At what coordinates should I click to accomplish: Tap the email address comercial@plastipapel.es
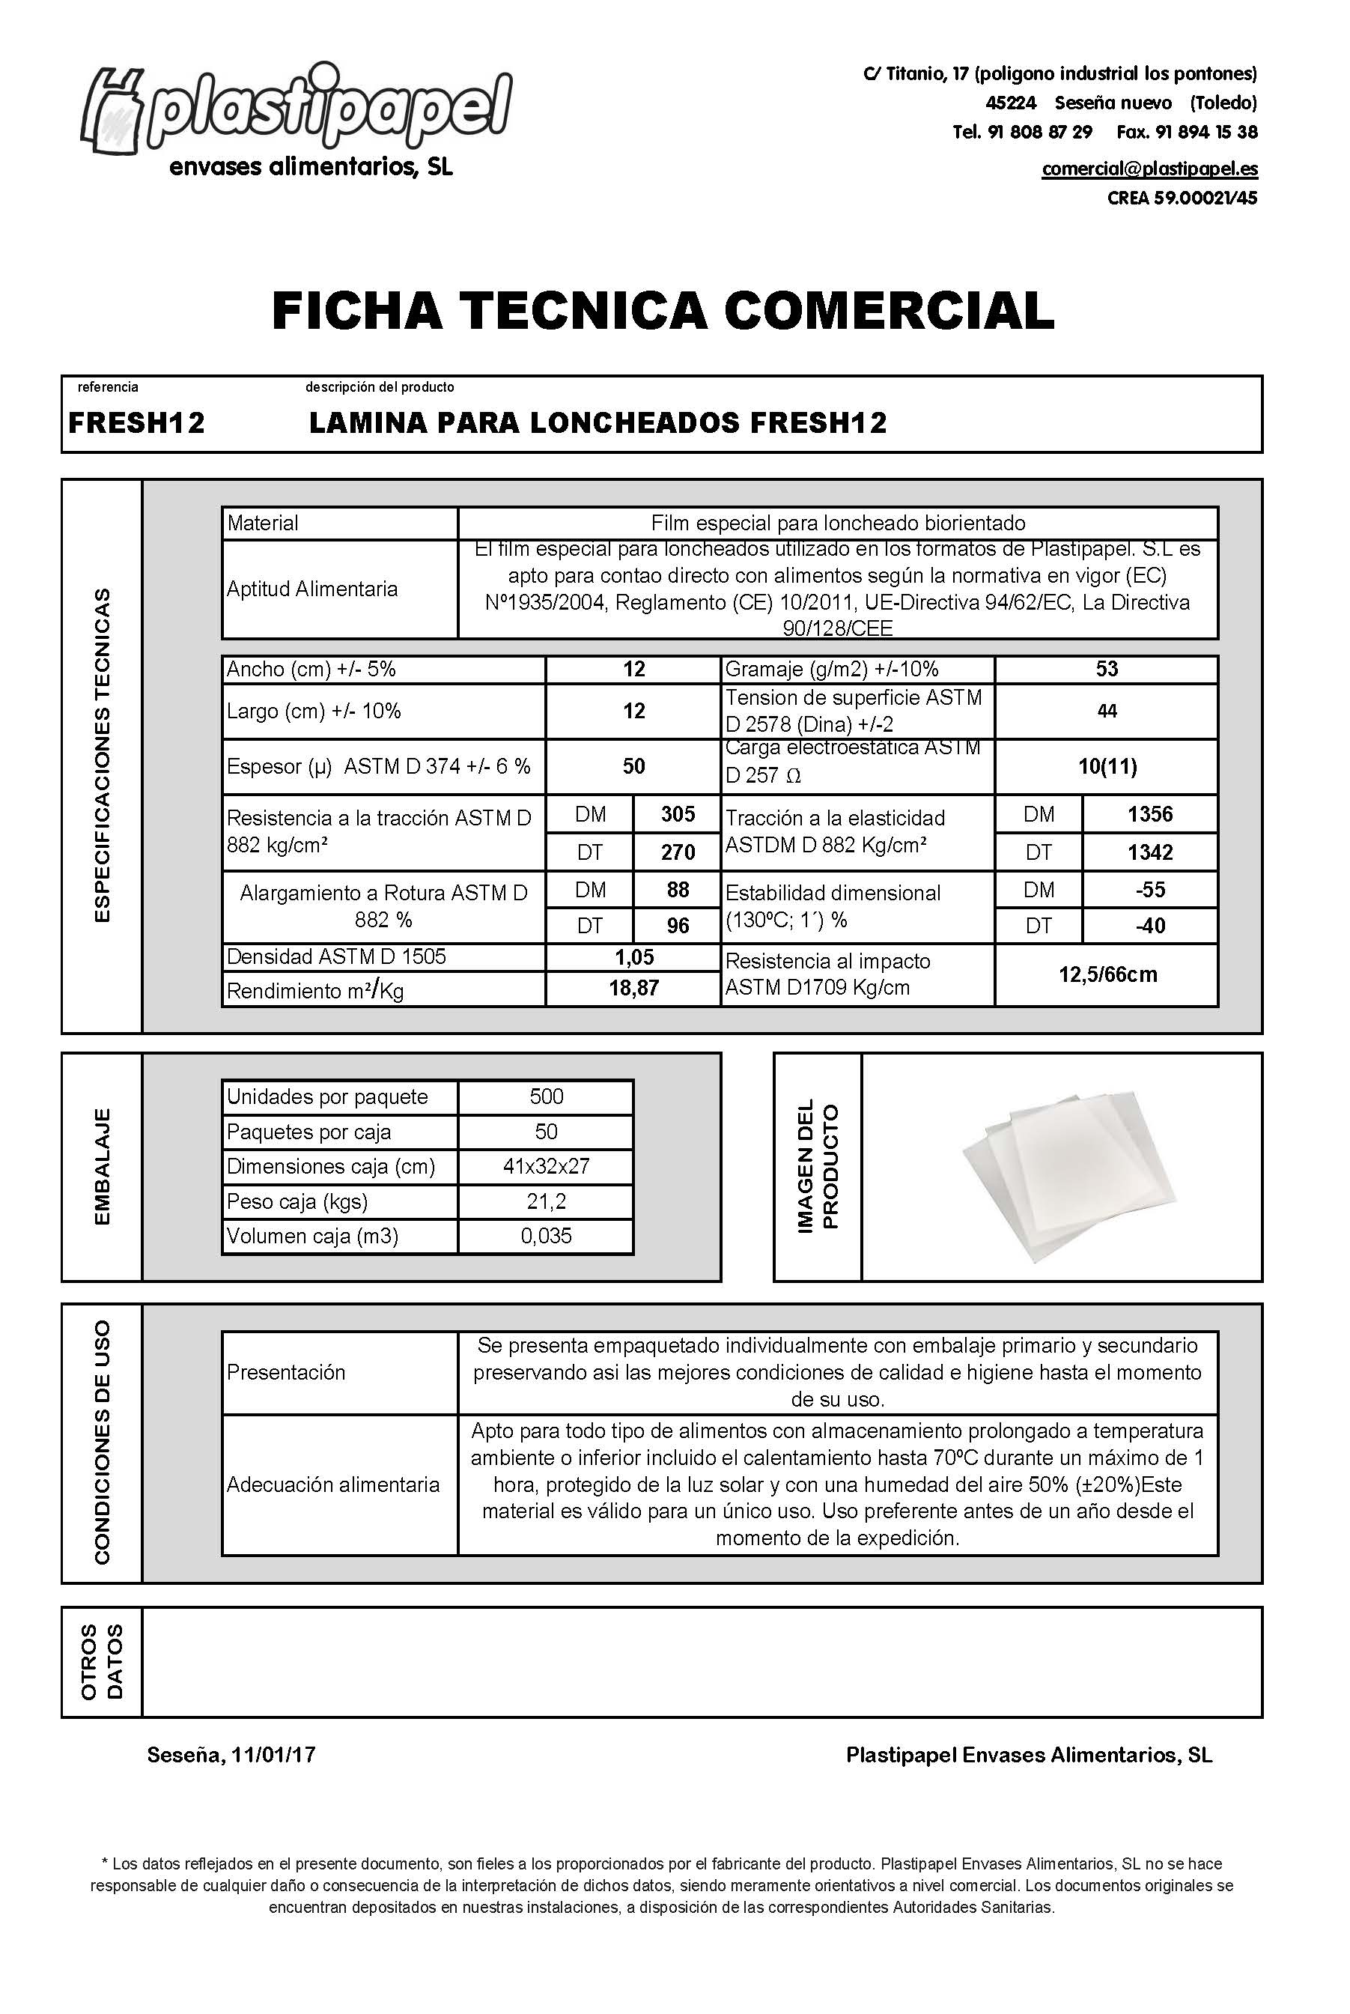(x=1149, y=169)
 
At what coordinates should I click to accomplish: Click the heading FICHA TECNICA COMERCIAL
(x=662, y=311)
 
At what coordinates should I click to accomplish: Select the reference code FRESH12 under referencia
(x=137, y=422)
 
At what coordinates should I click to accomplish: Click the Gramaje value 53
(x=1107, y=669)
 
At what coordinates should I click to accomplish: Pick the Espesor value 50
(x=633, y=766)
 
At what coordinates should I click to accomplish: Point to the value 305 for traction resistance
(x=678, y=813)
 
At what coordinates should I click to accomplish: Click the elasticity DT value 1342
(x=1150, y=852)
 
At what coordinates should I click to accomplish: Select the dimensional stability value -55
(x=1150, y=890)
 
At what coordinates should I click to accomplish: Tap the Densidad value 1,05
(x=633, y=956)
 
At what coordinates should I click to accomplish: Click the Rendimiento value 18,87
(x=633, y=989)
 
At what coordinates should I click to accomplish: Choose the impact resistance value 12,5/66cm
(x=1107, y=974)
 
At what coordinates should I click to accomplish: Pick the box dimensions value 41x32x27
(x=546, y=1166)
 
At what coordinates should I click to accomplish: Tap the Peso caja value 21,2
(x=546, y=1201)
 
